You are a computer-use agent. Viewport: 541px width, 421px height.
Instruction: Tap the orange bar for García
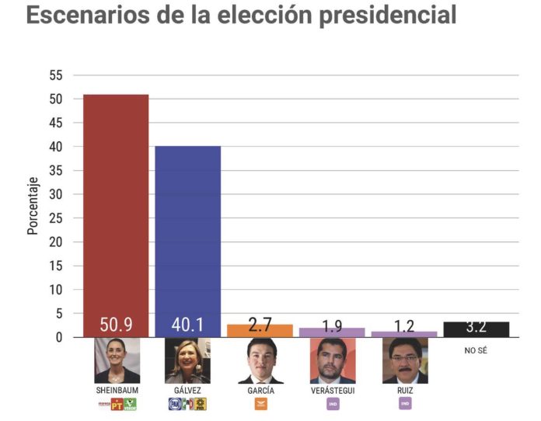[260, 331]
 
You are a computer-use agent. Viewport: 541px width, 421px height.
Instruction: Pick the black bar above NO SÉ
[476, 329]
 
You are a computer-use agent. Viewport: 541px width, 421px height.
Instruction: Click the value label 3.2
[476, 326]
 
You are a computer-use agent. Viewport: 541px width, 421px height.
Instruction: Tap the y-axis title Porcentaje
[33, 206]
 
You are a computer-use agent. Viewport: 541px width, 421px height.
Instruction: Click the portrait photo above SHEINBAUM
[117, 360]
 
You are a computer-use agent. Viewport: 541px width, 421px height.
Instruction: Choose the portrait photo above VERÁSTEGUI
[332, 360]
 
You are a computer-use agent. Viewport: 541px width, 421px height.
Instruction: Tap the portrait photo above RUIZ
[404, 360]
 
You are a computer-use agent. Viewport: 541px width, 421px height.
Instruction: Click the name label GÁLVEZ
[188, 390]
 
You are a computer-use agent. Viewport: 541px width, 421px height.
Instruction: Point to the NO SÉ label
[476, 350]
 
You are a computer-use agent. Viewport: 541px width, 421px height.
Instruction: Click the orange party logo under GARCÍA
[260, 404]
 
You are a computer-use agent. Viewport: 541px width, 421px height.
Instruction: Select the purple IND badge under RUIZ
[405, 404]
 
